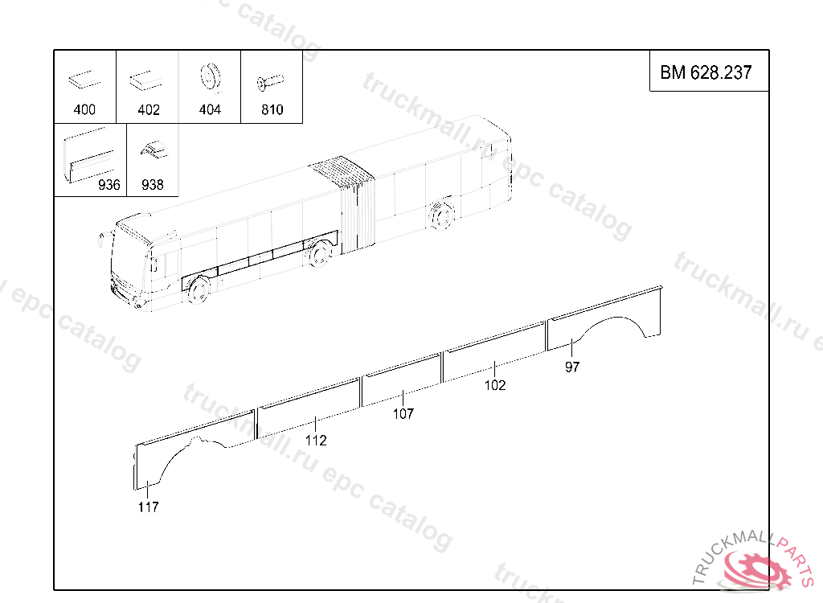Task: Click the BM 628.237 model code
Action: (706, 72)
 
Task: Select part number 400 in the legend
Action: (84, 109)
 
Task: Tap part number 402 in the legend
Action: (149, 109)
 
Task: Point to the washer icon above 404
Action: (211, 77)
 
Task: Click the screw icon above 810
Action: (270, 82)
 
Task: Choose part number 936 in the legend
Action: (109, 184)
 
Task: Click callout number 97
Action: (572, 367)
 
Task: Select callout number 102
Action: (495, 385)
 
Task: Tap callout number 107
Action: (403, 413)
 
